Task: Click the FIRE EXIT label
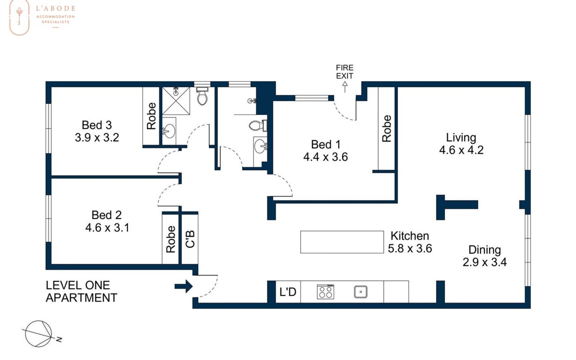coord(345,72)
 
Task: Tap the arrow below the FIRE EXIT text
coord(345,87)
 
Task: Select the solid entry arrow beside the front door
coord(184,286)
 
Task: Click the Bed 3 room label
coord(97,125)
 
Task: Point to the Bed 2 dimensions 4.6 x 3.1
coord(107,228)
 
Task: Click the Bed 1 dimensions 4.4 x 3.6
coord(325,157)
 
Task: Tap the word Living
coord(461,138)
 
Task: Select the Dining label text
coord(485,250)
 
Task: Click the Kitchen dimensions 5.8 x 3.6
coord(410,248)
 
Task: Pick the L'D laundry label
coord(288,292)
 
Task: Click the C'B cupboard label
coord(190,239)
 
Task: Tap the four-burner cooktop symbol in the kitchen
coord(325,292)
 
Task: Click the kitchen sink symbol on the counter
coord(360,292)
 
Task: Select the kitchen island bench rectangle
coord(342,242)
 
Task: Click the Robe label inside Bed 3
coord(152,116)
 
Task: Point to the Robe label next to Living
coord(387,129)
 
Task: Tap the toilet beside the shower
coord(202,96)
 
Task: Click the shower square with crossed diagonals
coord(176,101)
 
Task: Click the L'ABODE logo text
coord(55,9)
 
